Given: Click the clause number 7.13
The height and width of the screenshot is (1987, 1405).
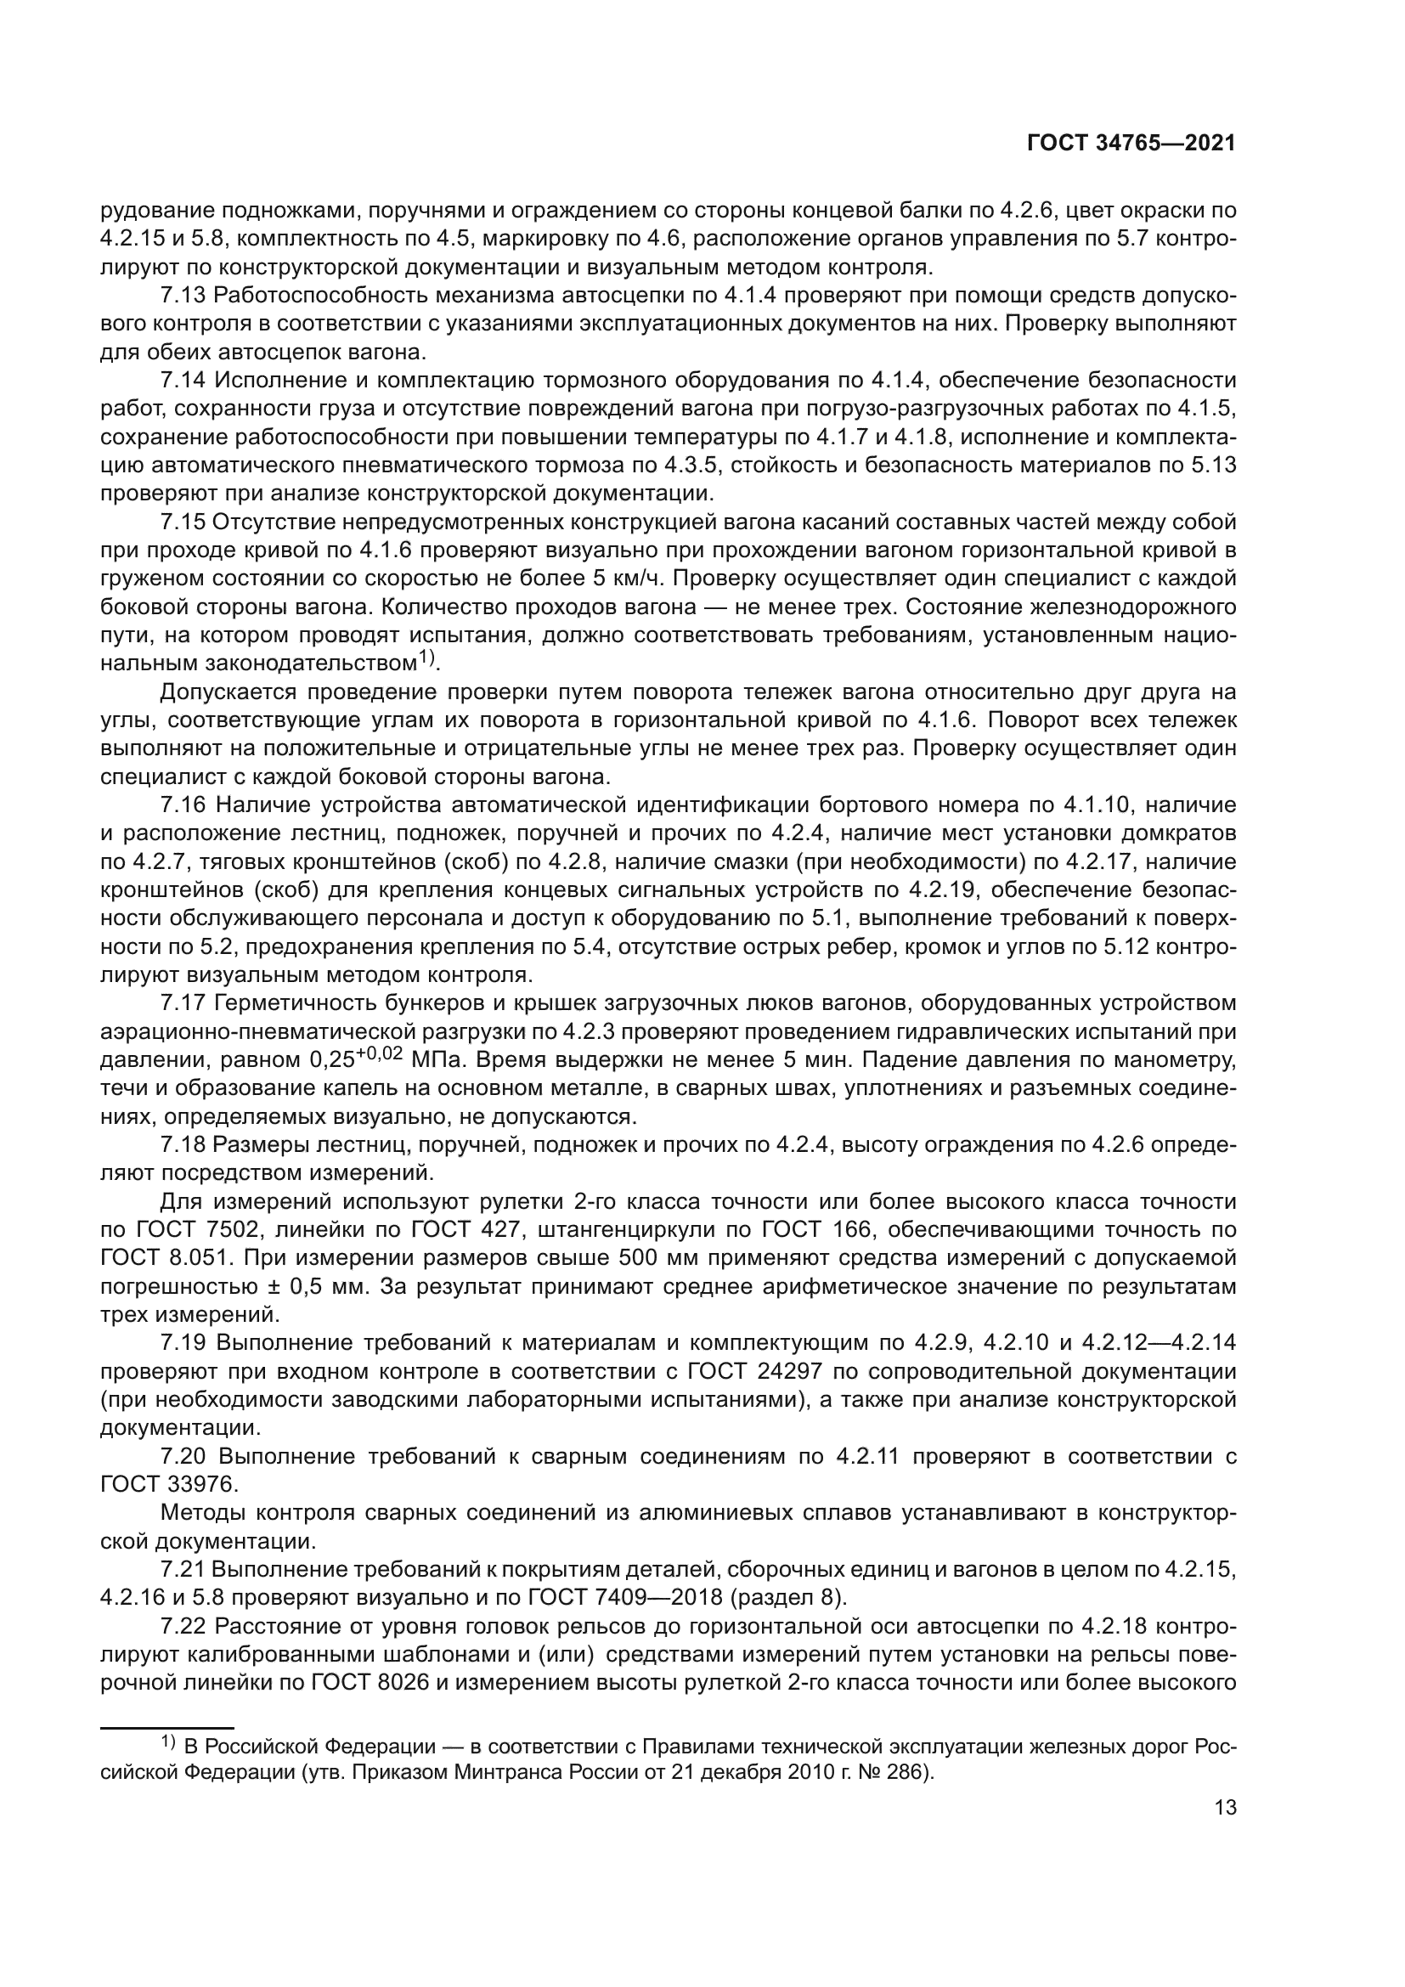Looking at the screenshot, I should (183, 296).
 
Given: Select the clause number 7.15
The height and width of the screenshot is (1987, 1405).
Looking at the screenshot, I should (183, 522).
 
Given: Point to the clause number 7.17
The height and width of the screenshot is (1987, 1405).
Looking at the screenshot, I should (183, 1003).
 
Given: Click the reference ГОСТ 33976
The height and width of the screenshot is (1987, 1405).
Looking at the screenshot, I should (168, 1485).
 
